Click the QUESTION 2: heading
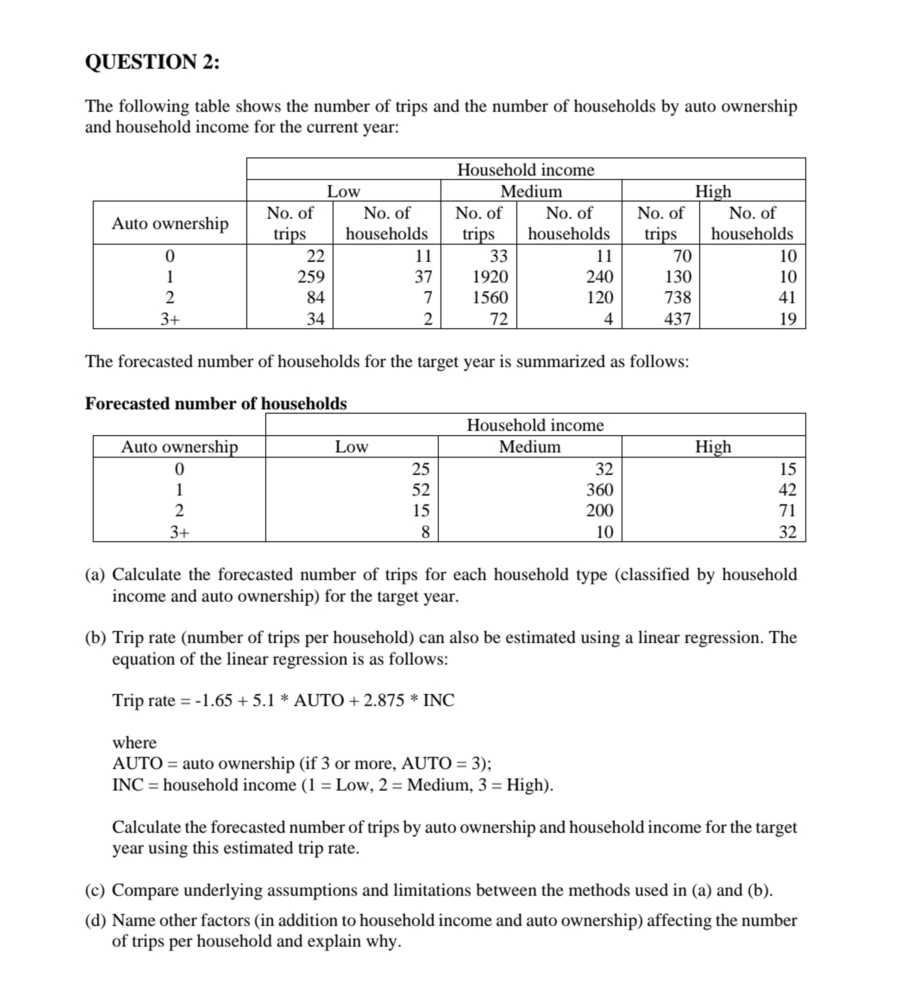click(x=152, y=62)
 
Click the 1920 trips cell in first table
click(x=490, y=276)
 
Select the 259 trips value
click(x=311, y=276)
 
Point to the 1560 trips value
click(x=490, y=297)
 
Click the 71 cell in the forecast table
click(x=787, y=510)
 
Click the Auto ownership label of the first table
click(x=170, y=223)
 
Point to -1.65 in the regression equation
click(x=213, y=700)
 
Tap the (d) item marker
click(x=95, y=920)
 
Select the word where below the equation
click(x=134, y=742)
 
